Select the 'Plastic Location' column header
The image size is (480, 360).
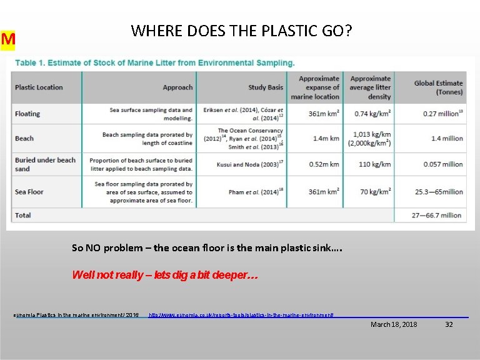coord(39,87)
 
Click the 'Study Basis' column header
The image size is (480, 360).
coord(266,87)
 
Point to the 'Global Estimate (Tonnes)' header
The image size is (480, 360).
coord(438,87)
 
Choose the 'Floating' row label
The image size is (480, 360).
coord(27,114)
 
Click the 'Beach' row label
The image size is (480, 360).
coord(24,138)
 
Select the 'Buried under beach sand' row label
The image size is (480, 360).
coord(45,164)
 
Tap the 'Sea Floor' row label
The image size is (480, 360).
coord(29,192)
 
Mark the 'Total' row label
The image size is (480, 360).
coord(23,215)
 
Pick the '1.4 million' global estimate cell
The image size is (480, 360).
coord(447,138)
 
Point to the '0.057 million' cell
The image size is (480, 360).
coord(443,164)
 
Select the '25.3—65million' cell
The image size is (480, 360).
coord(437,192)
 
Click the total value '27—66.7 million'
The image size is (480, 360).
coord(436,215)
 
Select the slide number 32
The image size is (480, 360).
coord(449,324)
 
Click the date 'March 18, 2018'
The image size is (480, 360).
coord(394,324)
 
